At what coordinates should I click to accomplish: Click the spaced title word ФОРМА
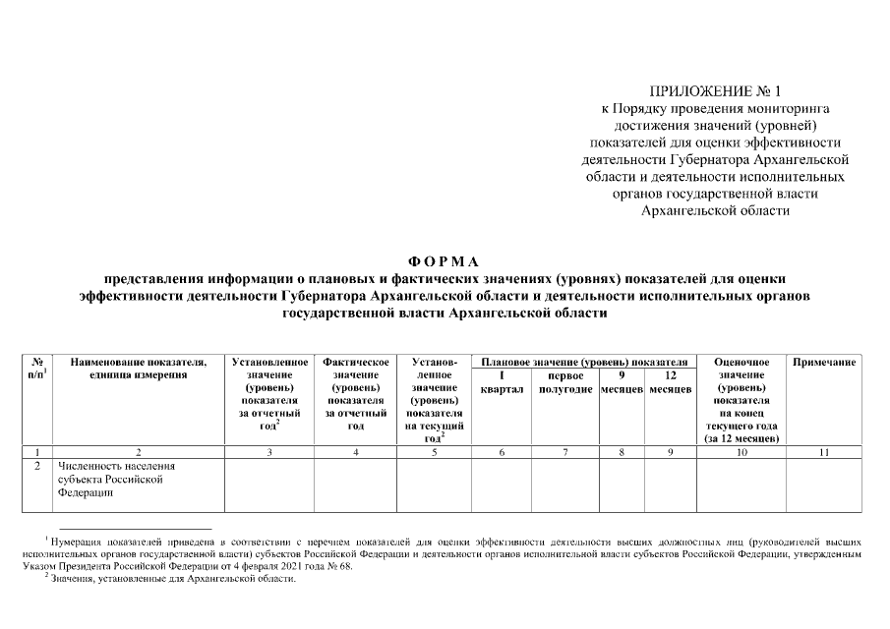445,261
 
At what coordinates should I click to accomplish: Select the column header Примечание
824,363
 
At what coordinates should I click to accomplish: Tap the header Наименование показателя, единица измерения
137,369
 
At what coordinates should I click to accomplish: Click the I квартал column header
502,382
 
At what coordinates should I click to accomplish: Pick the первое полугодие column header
565,382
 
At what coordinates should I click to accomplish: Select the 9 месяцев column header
622,382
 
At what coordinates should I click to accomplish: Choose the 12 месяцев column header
670,382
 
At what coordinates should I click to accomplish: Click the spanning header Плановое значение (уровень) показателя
582,362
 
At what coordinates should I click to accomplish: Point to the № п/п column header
37,369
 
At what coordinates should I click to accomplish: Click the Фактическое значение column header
355,394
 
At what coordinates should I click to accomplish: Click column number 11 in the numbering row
824,452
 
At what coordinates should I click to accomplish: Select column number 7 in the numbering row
565,452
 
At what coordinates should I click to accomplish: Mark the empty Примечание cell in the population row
824,485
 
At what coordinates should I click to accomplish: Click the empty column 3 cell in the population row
269,485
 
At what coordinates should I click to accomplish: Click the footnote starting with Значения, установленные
173,579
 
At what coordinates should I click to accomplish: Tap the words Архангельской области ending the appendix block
715,209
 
